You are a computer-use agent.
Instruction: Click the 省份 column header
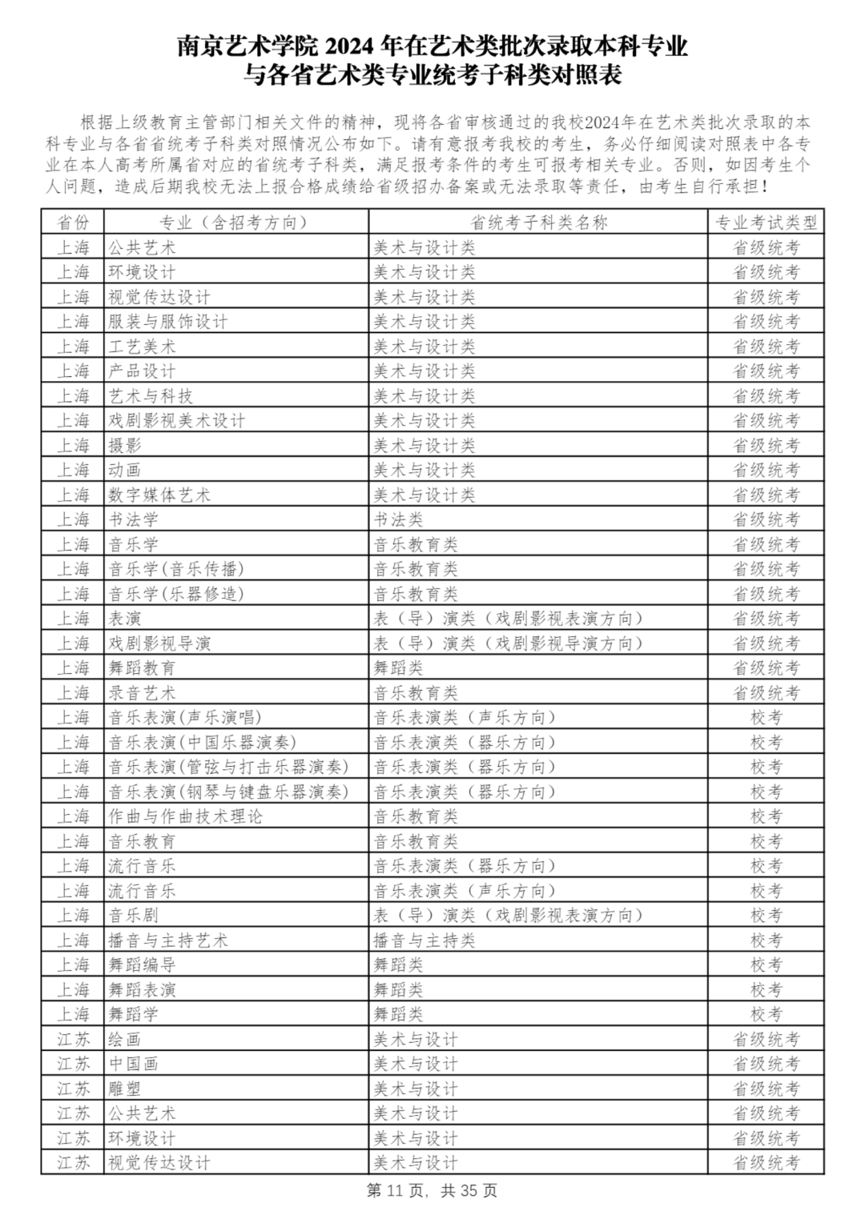[73, 223]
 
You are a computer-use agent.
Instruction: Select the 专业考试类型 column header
[766, 223]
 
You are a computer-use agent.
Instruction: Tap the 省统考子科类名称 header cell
[538, 223]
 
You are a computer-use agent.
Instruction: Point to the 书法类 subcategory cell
[398, 519]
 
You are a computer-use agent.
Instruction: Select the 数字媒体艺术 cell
[159, 495]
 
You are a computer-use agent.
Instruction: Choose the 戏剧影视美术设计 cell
[177, 420]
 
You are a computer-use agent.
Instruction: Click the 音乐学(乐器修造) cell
[176, 594]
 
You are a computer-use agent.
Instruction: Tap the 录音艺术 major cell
[142, 692]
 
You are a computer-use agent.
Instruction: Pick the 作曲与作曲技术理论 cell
[185, 816]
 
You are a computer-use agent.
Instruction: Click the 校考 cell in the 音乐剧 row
[766, 916]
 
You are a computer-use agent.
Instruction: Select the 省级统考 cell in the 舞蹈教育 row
[766, 668]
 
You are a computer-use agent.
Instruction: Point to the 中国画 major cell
[134, 1064]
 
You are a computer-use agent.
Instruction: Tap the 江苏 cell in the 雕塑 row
[73, 1089]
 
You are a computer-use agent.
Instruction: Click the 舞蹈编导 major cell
[142, 965]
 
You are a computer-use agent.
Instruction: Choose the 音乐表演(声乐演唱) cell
[185, 717]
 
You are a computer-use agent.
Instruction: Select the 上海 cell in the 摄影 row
[73, 445]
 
